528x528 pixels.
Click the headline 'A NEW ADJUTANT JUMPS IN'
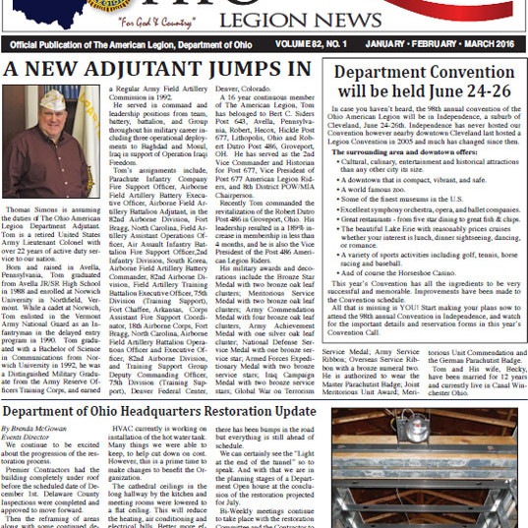pyautogui.click(x=150, y=71)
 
